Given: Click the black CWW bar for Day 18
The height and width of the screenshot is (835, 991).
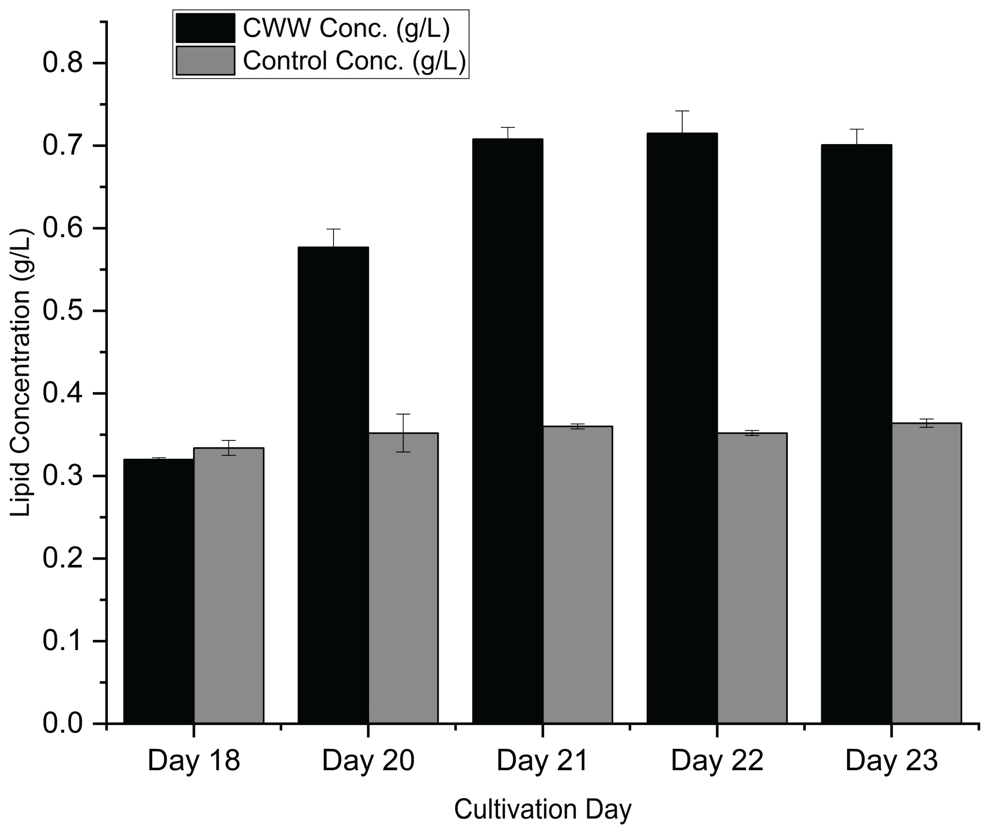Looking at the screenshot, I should (159, 591).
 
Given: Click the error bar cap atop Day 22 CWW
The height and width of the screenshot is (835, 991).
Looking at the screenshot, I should (682, 111).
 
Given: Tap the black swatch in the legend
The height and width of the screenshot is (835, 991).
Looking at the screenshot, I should (205, 29).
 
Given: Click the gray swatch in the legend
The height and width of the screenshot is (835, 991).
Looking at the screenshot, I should (205, 61).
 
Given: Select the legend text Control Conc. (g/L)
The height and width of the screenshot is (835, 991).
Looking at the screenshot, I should (354, 61).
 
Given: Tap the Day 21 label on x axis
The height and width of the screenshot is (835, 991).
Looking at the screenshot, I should (543, 761).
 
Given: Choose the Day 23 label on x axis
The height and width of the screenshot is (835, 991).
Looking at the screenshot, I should (891, 761).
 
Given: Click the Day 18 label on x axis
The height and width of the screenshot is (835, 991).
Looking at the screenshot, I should (194, 761).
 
